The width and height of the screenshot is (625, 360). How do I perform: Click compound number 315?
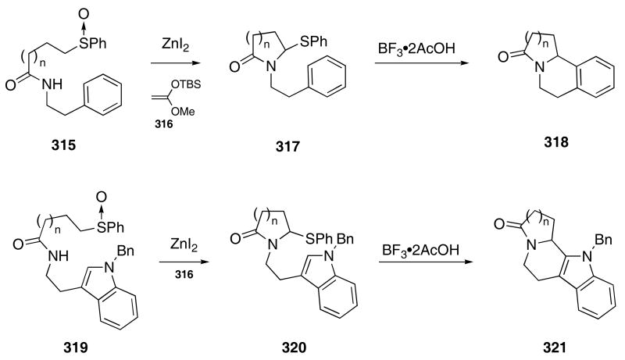point(59,147)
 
